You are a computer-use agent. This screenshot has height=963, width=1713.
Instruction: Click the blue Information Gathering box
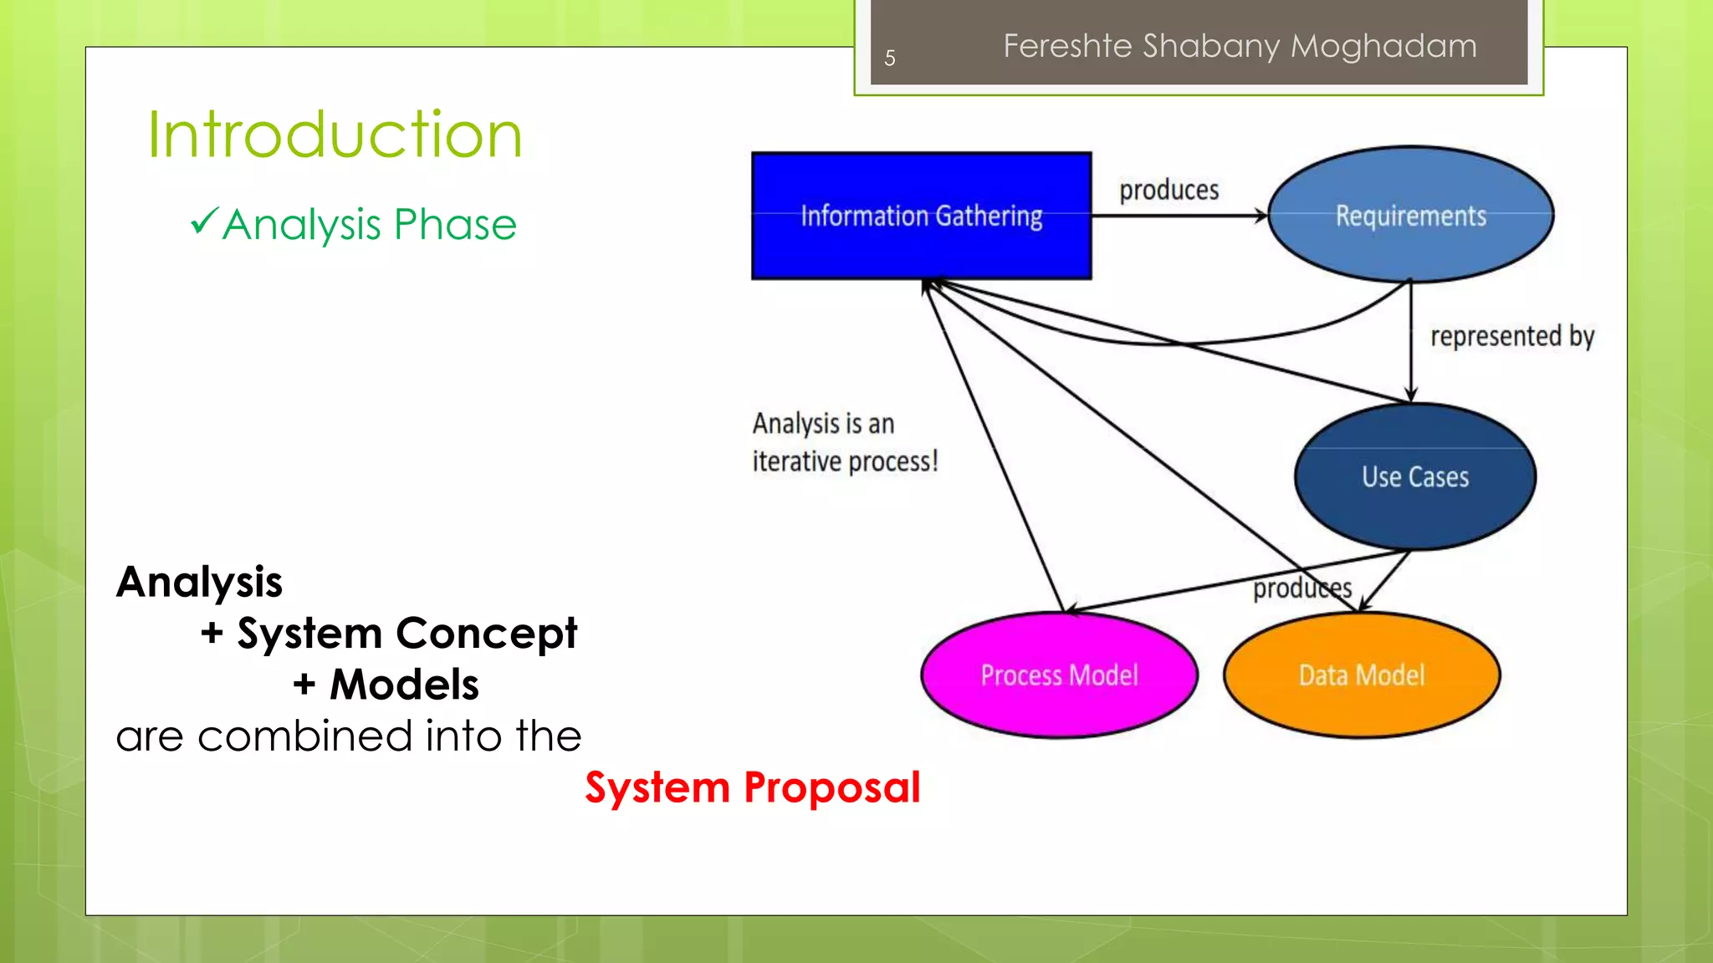(x=921, y=216)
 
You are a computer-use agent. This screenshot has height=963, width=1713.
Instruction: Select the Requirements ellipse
(x=1410, y=215)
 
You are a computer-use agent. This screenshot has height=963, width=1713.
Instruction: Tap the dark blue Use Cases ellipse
(x=1414, y=476)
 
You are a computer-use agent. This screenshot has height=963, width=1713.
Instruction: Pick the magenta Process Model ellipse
(x=1059, y=675)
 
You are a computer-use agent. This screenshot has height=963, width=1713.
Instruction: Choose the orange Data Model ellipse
(x=1361, y=675)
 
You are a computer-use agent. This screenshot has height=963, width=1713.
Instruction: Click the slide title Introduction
(x=335, y=135)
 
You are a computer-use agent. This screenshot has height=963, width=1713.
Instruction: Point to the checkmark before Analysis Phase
(x=203, y=222)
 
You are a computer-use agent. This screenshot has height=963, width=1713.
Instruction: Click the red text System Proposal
(x=752, y=787)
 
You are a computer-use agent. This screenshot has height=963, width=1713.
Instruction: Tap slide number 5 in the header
(x=890, y=58)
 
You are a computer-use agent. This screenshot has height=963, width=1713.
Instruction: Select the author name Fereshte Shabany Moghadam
(x=1240, y=46)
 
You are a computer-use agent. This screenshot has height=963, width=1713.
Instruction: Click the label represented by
(x=1511, y=336)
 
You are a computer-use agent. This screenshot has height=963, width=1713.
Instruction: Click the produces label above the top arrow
(x=1168, y=190)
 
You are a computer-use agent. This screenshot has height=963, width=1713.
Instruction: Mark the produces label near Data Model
(x=1301, y=588)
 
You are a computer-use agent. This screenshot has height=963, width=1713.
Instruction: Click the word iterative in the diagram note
(x=795, y=461)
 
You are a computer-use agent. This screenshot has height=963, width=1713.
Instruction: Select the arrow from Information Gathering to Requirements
(x=1179, y=216)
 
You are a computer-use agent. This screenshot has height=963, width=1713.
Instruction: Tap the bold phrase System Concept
(x=407, y=633)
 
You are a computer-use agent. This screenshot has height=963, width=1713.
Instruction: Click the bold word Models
(x=404, y=685)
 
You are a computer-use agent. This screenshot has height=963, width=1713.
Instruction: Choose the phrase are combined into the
(x=348, y=736)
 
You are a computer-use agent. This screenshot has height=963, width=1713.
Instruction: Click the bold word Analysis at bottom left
(x=199, y=582)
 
